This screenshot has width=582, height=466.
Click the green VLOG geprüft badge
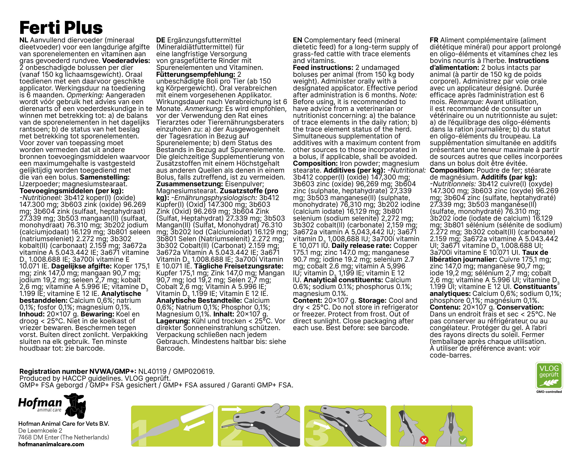point(549,375)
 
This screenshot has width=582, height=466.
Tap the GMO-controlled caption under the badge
point(549,392)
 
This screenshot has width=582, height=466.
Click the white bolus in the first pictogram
point(197,413)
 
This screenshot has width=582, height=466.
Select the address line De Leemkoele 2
point(40,431)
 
